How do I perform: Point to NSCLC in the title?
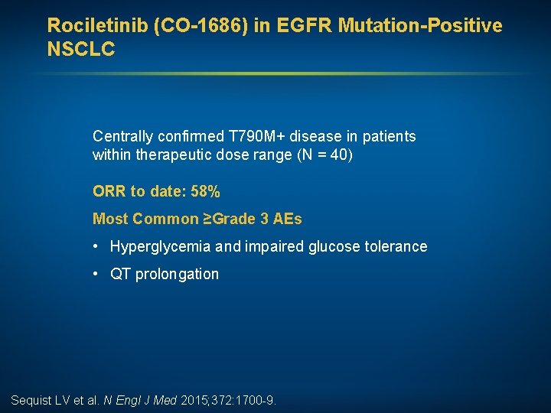[x=81, y=50]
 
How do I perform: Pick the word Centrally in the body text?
[x=121, y=136]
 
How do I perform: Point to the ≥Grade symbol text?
[x=229, y=220]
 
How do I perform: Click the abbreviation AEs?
[x=287, y=220]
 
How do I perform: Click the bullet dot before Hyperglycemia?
[x=95, y=246]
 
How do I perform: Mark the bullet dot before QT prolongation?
[x=95, y=274]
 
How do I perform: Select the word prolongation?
[x=177, y=274]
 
